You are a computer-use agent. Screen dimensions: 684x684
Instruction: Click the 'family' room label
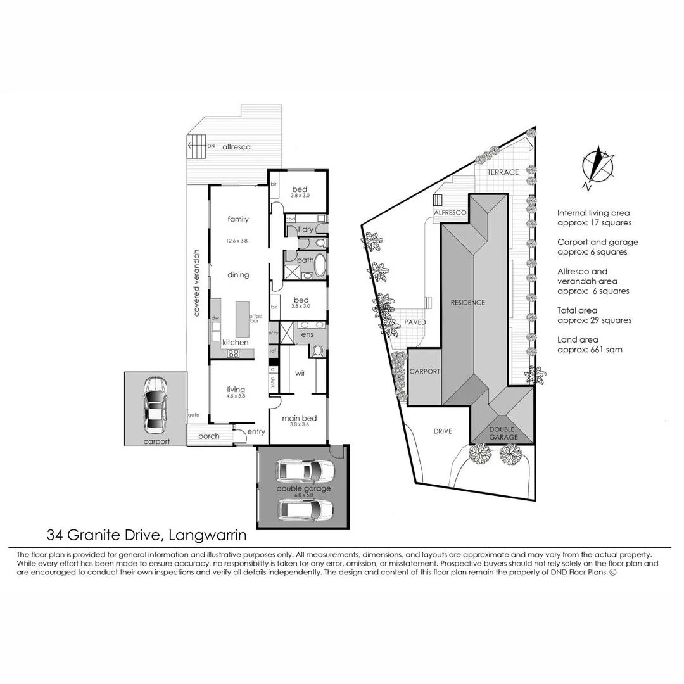point(238,219)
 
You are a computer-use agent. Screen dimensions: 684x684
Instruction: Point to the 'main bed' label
point(299,418)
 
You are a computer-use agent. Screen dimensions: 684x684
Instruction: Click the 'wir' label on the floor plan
point(300,373)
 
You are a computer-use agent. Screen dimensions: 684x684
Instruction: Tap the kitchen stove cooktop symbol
point(233,353)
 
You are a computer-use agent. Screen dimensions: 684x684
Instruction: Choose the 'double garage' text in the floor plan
point(303,488)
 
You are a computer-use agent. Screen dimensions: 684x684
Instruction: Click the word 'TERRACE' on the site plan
point(503,172)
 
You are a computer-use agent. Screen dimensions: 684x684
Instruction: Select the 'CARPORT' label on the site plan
point(425,372)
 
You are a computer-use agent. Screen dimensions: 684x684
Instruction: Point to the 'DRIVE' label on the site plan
point(443,431)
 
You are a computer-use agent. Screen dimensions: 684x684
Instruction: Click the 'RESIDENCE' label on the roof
point(468,302)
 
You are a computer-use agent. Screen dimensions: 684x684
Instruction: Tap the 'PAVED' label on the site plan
point(415,322)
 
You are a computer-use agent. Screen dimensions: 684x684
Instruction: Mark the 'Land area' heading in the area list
point(577,340)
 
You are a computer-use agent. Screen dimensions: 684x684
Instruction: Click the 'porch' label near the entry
point(208,436)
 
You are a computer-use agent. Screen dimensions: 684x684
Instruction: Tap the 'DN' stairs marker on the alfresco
point(211,146)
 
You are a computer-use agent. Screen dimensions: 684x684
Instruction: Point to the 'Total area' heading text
point(578,310)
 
